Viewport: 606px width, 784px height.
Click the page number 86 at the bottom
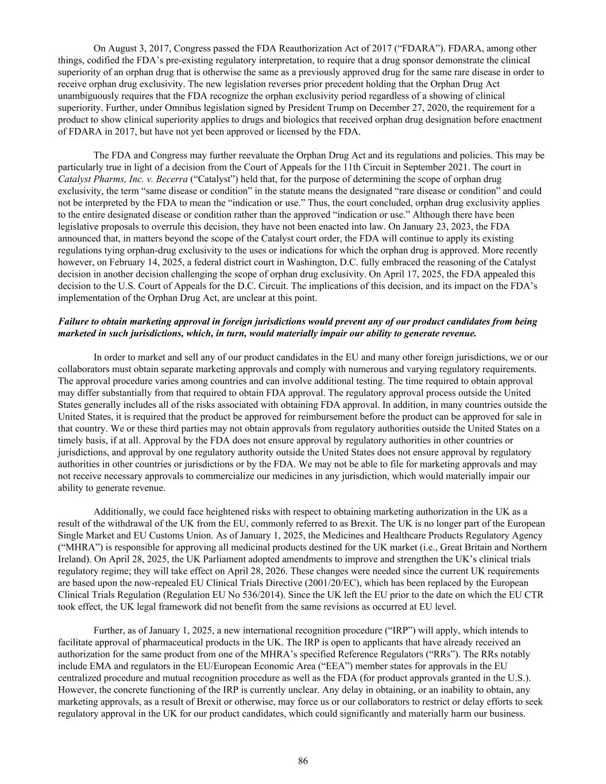click(303, 761)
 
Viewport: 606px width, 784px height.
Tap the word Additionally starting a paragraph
click(119, 512)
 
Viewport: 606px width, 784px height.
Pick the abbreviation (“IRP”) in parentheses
click(354, 631)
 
